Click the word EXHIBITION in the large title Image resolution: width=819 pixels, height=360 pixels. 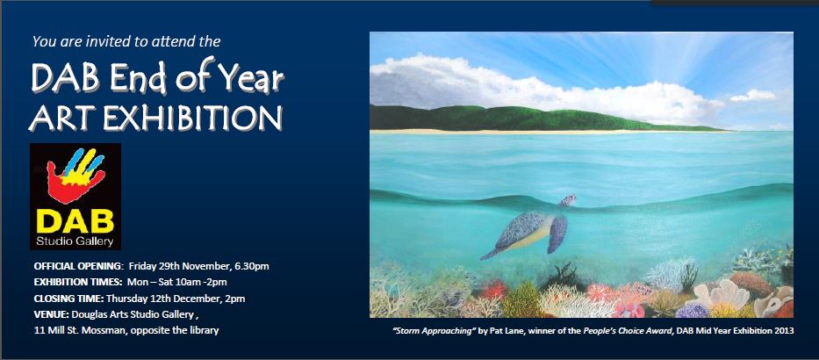click(x=193, y=119)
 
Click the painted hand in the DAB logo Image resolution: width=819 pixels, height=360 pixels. click(x=75, y=175)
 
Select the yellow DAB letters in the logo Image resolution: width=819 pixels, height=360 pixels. click(x=75, y=221)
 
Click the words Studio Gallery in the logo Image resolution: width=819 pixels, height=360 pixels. click(x=75, y=242)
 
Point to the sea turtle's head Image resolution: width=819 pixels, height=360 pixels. click(x=568, y=199)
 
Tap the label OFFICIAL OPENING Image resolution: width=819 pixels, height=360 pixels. click(x=78, y=266)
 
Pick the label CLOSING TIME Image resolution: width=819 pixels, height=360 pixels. click(x=69, y=299)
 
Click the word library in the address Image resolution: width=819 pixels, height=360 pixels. click(x=205, y=331)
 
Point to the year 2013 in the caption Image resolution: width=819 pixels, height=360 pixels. click(x=784, y=331)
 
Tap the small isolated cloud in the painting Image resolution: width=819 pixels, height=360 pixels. click(x=752, y=96)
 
